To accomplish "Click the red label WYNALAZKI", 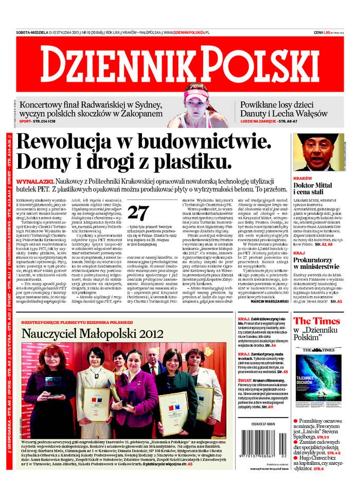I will point(34,183).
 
